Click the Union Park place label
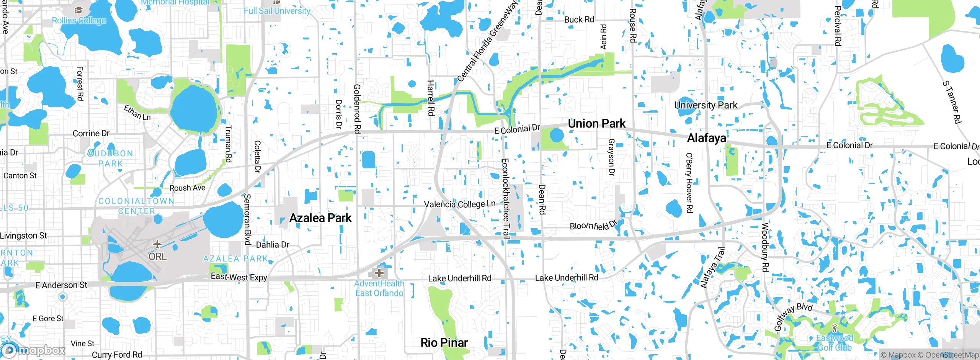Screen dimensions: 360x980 pyautogui.click(x=596, y=124)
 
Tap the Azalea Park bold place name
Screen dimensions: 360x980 pyautogui.click(x=320, y=218)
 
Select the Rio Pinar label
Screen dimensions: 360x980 pyautogui.click(x=444, y=342)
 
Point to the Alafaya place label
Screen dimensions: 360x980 pyautogui.click(x=706, y=138)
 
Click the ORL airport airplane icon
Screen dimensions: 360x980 pyautogui.click(x=157, y=244)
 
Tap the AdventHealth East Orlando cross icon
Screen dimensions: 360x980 pyautogui.click(x=379, y=273)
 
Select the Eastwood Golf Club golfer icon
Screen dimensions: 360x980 pyautogui.click(x=835, y=328)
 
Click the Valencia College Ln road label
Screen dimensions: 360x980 pyautogui.click(x=459, y=204)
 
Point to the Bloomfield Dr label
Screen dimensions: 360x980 pyautogui.click(x=593, y=225)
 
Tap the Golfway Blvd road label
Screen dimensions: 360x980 pyautogui.click(x=792, y=316)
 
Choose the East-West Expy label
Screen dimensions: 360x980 pyautogui.click(x=239, y=277)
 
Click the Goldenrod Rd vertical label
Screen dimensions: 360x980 pyautogui.click(x=357, y=109)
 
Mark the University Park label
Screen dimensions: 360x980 pyautogui.click(x=706, y=105)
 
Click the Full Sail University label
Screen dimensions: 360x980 pyautogui.click(x=277, y=11)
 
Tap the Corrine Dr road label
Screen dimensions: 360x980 pyautogui.click(x=91, y=133)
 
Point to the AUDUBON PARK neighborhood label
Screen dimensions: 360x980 pyautogui.click(x=110, y=158)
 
